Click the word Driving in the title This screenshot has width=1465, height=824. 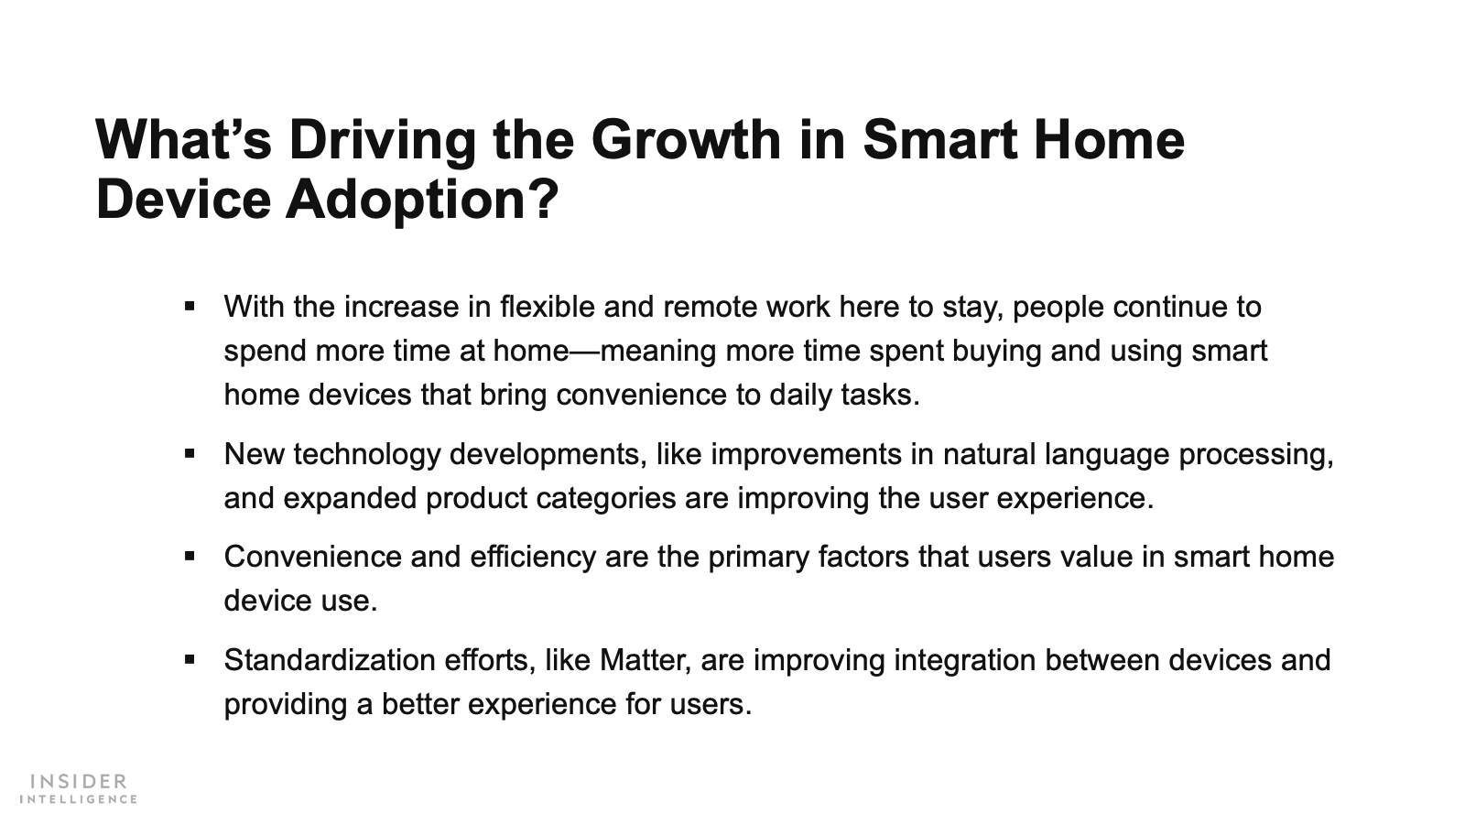383,141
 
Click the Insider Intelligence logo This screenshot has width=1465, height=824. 79,788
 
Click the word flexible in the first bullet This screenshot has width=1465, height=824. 547,307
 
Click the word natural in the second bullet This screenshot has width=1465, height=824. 989,454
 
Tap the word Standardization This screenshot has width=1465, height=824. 330,660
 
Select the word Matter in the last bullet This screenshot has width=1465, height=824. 645,660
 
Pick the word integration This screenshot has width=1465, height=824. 964,661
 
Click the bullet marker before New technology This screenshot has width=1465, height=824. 190,453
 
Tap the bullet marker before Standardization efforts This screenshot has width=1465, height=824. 190,659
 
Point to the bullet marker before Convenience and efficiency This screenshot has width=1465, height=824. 190,557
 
